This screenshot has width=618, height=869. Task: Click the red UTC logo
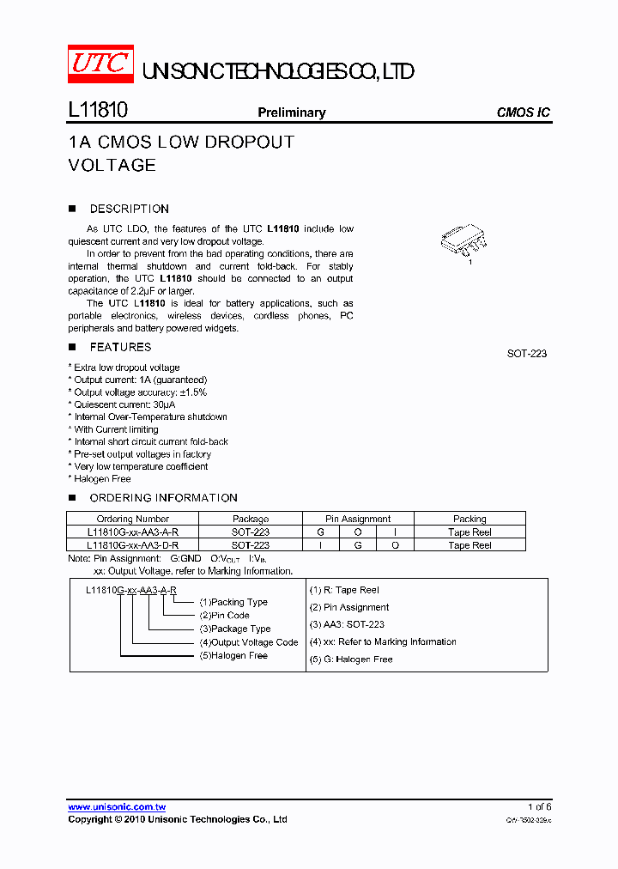(100, 64)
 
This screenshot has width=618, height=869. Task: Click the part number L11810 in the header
(98, 112)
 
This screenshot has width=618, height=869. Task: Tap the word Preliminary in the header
(292, 112)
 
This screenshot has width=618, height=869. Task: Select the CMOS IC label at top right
(523, 112)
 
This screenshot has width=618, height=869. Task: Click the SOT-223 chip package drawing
(463, 239)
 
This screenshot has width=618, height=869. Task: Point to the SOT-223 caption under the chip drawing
(527, 354)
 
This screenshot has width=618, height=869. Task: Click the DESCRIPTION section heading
(129, 209)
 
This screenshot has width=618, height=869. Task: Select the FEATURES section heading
(120, 347)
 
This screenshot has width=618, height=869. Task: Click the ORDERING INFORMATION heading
(163, 498)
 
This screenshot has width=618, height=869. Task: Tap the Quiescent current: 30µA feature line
(124, 404)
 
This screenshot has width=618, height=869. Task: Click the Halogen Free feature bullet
(102, 479)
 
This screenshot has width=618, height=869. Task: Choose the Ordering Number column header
(133, 519)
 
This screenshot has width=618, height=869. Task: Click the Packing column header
(470, 519)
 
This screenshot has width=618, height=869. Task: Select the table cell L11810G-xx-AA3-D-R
(133, 545)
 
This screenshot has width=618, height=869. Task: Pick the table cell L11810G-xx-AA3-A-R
(133, 532)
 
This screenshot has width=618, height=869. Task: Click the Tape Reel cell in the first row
(470, 532)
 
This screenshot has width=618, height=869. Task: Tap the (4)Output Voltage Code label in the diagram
(249, 642)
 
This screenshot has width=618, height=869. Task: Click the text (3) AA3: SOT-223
(347, 624)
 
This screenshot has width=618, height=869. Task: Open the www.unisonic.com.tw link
(117, 807)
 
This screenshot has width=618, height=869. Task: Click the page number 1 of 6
(539, 807)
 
